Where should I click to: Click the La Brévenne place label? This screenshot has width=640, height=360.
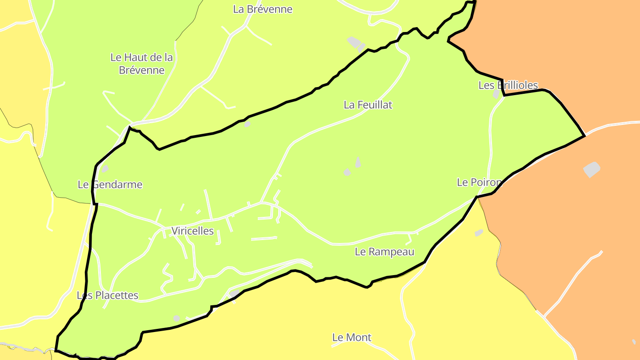tap(263, 9)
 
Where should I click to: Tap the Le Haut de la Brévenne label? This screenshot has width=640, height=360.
tap(142, 64)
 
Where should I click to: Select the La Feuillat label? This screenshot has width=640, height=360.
tap(368, 105)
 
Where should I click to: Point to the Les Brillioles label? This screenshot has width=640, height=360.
tap(508, 85)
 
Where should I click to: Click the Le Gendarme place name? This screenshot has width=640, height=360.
tap(110, 184)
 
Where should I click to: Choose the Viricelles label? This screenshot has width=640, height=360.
tap(192, 231)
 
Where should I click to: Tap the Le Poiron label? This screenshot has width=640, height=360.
tap(479, 182)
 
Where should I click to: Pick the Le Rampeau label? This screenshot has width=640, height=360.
tap(384, 252)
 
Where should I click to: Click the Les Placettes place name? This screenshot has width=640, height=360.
tap(108, 296)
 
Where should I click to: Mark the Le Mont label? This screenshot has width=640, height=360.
tap(352, 338)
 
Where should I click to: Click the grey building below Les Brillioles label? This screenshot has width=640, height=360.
tap(496, 94)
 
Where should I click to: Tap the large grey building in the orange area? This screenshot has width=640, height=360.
tap(592, 169)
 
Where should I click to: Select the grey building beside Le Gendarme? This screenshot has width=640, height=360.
tap(105, 169)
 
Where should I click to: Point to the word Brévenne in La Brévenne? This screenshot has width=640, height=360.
tap(270, 9)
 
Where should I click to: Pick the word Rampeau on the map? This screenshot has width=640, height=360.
tap(391, 252)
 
